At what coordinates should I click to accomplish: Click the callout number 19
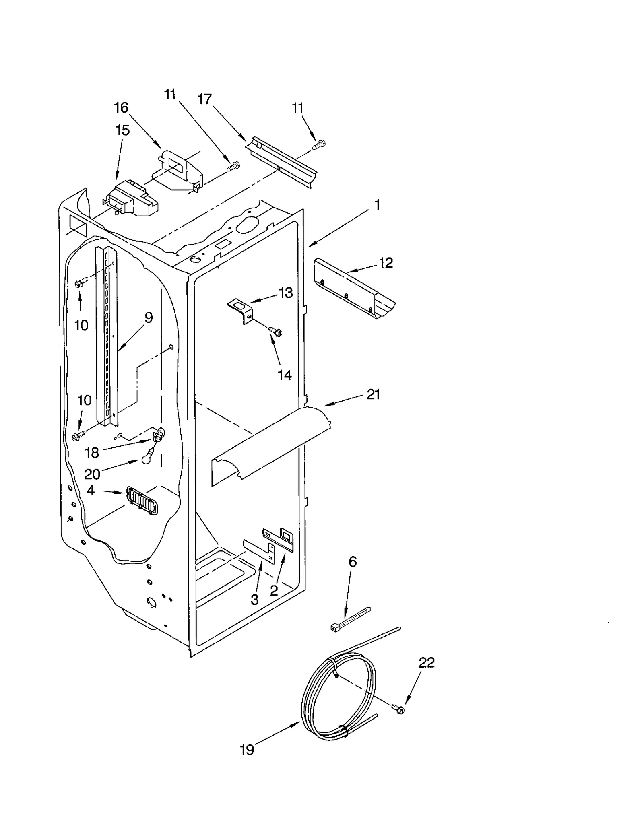point(247,750)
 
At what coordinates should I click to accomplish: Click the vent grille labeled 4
point(142,501)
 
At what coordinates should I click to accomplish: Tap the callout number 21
point(373,394)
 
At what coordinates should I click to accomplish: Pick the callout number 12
point(385,263)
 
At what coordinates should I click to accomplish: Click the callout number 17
point(205,99)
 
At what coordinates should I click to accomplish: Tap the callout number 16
point(121,107)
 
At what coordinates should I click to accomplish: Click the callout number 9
point(149,318)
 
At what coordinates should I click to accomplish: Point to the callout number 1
point(377,205)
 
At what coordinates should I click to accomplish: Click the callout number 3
point(254,600)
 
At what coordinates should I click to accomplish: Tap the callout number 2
point(274,590)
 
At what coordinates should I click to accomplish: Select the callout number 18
point(92,453)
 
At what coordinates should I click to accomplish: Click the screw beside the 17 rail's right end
point(320,144)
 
